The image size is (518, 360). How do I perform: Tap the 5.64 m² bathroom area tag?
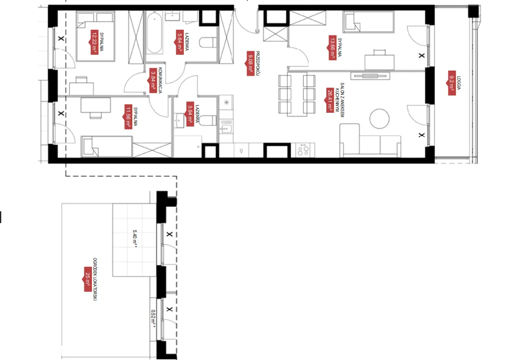[x=179, y=42]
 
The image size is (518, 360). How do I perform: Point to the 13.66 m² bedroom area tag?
[x=332, y=47]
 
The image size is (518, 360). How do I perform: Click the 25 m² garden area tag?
[x=87, y=279]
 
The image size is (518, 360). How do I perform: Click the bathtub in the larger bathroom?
[x=155, y=34]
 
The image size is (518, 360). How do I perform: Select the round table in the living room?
[x=381, y=118]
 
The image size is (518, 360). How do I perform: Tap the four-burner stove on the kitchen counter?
[x=303, y=150]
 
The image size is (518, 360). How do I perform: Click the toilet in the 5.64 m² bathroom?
[x=207, y=44]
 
